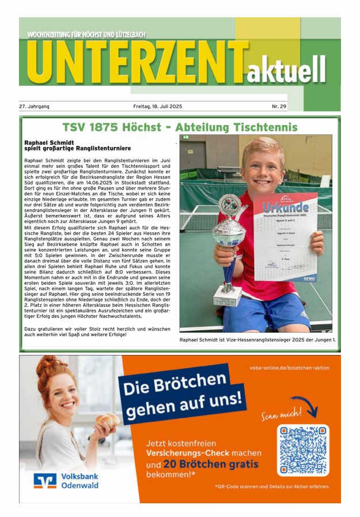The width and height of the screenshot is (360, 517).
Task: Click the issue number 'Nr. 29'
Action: [x=279, y=107]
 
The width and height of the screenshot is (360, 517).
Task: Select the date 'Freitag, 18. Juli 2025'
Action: [x=157, y=107]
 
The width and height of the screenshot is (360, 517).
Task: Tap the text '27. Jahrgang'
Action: [x=34, y=107]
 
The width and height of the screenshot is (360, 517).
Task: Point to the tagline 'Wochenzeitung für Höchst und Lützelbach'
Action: [x=86, y=35]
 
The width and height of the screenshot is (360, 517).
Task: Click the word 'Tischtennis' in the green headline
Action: [x=261, y=127]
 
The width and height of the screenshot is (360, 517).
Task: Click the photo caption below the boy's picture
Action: [x=257, y=340]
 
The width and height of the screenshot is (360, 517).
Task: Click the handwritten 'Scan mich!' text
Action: [x=281, y=414]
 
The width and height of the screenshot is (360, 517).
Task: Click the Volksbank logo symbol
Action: [x=45, y=481]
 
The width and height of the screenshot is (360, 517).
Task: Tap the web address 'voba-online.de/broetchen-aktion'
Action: [x=289, y=367]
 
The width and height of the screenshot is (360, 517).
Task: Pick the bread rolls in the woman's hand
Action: [x=107, y=420]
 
